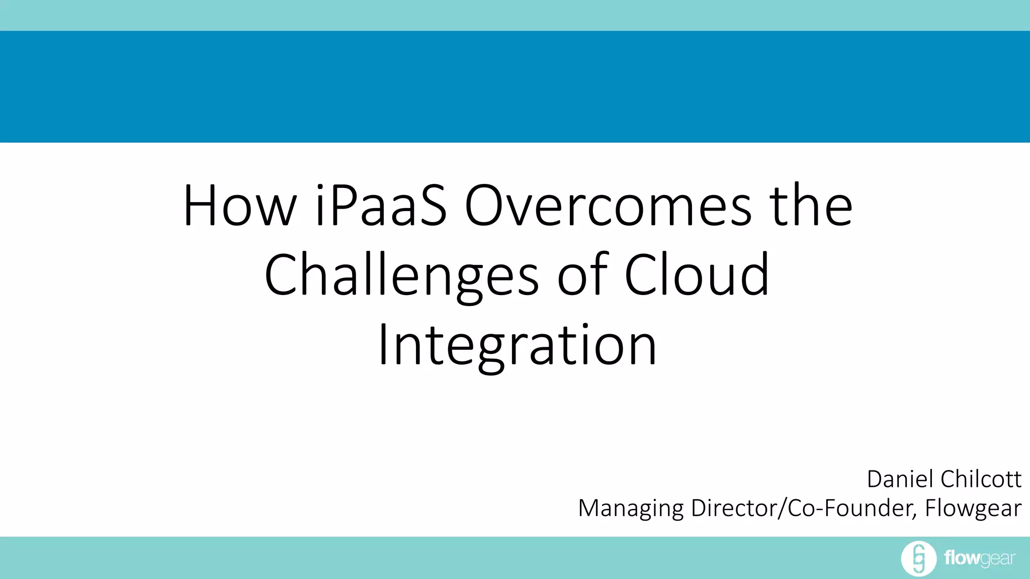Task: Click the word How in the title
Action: pos(240,206)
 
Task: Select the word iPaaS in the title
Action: pos(381,206)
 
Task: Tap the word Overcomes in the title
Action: pos(608,206)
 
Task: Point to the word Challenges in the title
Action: pos(401,275)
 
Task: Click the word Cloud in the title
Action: pos(697,275)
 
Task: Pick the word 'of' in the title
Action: pos(583,275)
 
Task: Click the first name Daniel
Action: pos(900,479)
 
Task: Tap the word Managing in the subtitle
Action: pos(631,508)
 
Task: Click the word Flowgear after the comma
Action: pos(973,508)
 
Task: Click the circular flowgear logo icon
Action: pos(918,558)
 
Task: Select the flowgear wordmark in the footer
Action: pos(980,558)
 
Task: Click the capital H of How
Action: pos(200,206)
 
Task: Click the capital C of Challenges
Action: pos(281,275)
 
